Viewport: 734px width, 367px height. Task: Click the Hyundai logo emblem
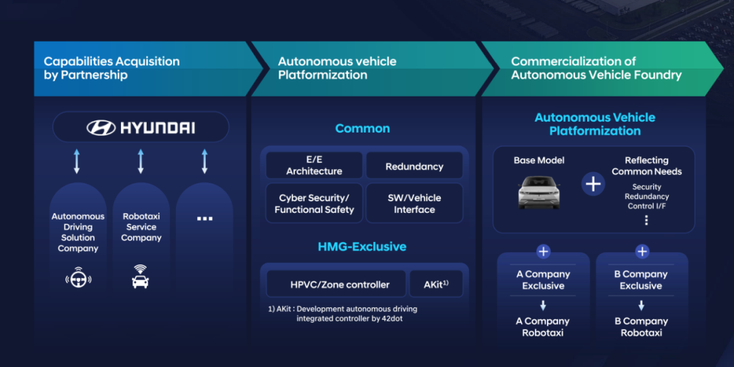101,128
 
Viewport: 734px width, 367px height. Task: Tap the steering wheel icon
77,279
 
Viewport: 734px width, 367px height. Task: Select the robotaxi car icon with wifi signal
141,277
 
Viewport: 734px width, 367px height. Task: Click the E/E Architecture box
314,166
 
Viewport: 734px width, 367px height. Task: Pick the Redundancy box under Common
414,167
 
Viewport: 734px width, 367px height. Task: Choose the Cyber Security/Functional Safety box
314,204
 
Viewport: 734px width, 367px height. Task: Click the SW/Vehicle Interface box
414,204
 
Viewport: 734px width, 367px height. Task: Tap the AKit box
435,284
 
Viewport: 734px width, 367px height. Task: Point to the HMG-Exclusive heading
362,247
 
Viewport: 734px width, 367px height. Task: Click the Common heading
362,128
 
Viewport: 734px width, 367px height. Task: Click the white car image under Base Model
539,192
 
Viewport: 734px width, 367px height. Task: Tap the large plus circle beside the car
593,184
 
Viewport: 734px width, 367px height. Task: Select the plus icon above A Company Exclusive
543,252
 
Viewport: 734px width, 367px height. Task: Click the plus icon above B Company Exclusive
642,252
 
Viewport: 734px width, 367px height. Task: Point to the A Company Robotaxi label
543,327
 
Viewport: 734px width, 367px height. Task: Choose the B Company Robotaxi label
642,327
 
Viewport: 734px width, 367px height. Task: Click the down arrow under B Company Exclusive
642,305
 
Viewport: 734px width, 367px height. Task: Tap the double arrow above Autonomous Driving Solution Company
77,162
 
